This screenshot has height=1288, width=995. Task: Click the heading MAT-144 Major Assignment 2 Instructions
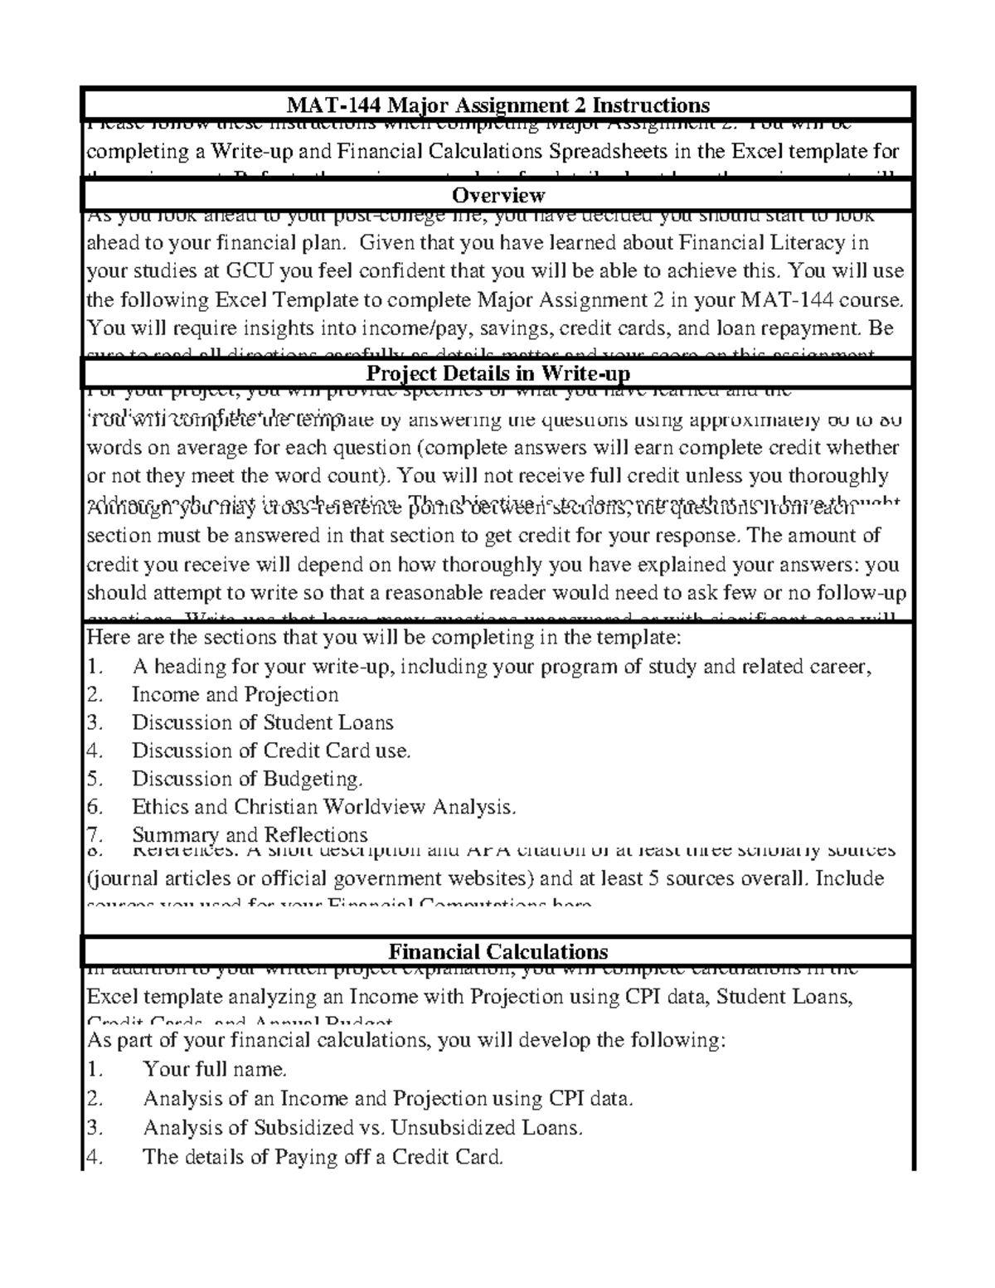tap(498, 105)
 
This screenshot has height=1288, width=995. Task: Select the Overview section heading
tap(498, 196)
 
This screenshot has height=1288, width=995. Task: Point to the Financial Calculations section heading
tap(498, 951)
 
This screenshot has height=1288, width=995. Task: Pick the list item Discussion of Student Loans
tap(262, 722)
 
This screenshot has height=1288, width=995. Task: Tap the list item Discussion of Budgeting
tap(247, 779)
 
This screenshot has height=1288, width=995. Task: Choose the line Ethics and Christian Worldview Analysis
tap(323, 807)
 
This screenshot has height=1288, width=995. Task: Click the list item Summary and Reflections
tap(250, 834)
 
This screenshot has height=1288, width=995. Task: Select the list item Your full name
tap(215, 1069)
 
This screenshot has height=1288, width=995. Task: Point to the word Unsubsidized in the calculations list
tap(444, 1128)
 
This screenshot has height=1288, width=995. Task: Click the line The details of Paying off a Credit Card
tap(323, 1157)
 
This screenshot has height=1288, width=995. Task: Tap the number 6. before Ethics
tap(95, 807)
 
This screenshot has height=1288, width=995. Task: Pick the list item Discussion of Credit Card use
tap(271, 751)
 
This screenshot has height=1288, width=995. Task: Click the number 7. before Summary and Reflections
tap(95, 834)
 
